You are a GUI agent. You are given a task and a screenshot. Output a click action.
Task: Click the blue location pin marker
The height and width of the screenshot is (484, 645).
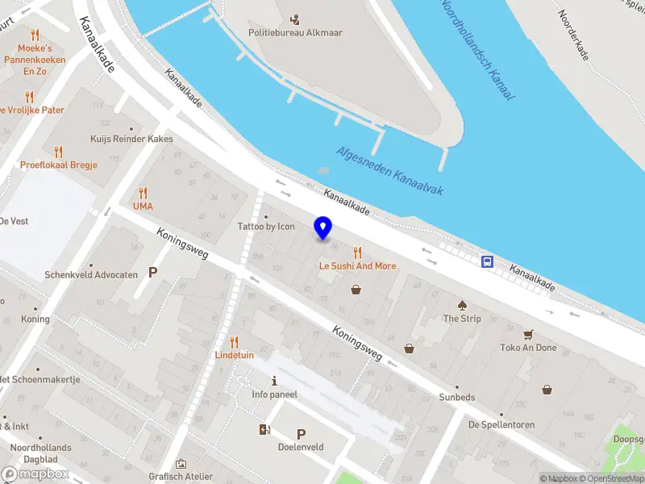coord(323,228)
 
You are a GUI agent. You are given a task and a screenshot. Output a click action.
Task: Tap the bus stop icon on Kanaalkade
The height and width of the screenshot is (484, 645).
coord(488,261)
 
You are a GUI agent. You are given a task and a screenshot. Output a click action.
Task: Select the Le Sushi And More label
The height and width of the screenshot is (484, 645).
coord(357,266)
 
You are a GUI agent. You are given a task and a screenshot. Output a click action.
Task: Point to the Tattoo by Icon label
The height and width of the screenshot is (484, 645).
coord(265,227)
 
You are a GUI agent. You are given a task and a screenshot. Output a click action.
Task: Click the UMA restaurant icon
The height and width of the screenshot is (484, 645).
coord(143,193)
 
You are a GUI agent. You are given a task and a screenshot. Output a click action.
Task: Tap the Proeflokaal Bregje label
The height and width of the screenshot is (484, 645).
coord(58,165)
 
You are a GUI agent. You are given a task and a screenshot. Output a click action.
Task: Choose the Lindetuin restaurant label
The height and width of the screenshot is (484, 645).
coord(234,355)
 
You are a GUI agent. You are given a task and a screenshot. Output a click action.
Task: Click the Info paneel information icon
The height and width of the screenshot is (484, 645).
coord(274,381)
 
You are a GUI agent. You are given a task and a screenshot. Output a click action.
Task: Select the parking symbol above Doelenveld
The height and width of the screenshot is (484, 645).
coord(302,434)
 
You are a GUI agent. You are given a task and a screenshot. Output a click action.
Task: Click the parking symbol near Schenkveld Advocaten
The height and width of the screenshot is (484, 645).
coord(152,273)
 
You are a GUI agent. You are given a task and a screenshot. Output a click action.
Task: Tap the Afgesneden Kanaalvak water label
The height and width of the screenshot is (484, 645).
coord(389,164)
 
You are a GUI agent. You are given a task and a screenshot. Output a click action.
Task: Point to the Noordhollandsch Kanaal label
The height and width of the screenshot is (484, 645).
coord(479,50)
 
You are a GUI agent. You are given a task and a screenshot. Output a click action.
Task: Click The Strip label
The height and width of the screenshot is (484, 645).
coord(462,319)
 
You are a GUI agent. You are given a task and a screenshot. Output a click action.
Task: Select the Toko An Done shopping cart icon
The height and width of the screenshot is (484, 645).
coord(529,334)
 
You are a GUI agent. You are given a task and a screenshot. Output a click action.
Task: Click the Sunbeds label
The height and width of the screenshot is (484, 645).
coord(456,398)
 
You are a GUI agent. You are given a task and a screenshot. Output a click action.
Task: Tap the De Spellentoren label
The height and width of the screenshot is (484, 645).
coord(501,423)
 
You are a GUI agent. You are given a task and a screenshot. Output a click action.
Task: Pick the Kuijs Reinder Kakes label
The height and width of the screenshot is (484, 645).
coord(132,139)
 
